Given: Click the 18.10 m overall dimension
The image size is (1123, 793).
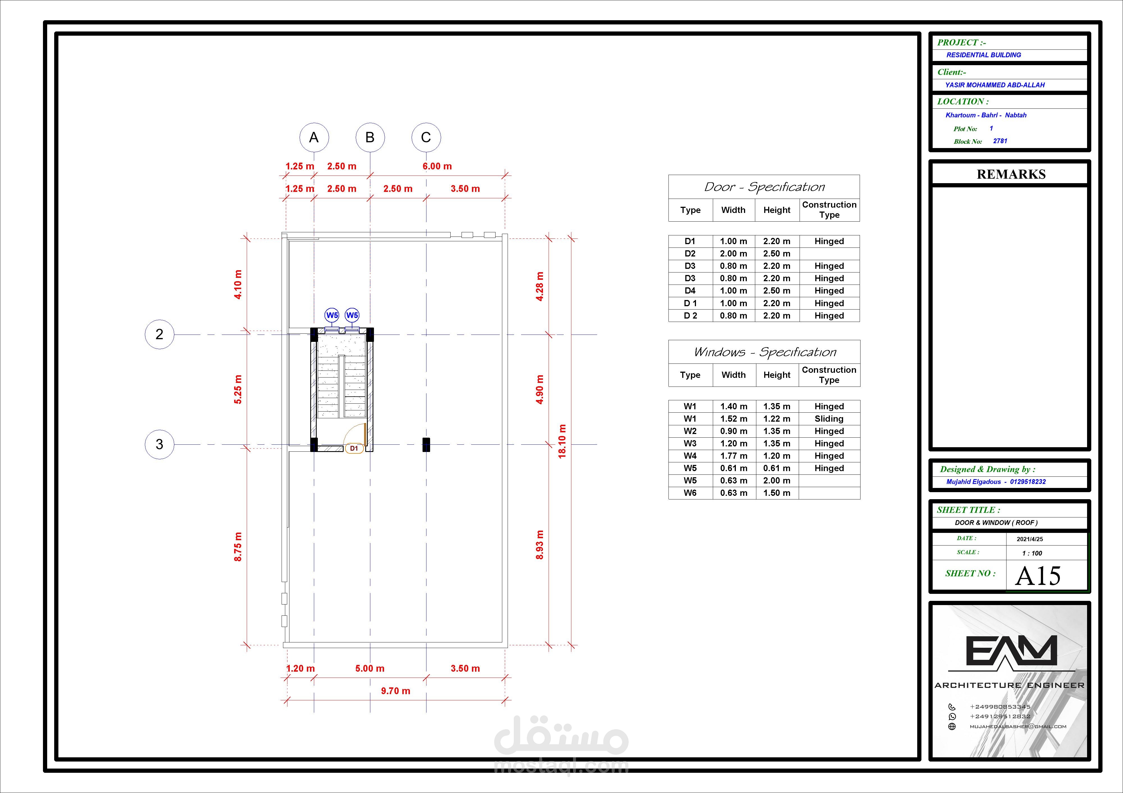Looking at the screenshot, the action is pyautogui.click(x=562, y=441).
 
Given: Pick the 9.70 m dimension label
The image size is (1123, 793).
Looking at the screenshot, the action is pyautogui.click(x=396, y=691).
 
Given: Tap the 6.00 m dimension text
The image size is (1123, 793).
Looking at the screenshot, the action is pyautogui.click(x=437, y=166).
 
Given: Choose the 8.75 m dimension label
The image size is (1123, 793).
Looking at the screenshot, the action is pyautogui.click(x=238, y=546).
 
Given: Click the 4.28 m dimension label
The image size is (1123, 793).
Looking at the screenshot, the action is pyautogui.click(x=540, y=286).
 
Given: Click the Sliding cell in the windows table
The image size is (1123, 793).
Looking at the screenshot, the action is pyautogui.click(x=829, y=419).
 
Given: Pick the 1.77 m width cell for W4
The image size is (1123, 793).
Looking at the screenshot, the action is pyautogui.click(x=734, y=456).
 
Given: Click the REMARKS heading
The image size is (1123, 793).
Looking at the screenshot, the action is pyautogui.click(x=1011, y=174).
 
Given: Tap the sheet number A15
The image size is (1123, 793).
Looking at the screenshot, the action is pyautogui.click(x=1038, y=576).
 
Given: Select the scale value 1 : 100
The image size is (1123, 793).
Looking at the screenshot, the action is pyautogui.click(x=1032, y=553).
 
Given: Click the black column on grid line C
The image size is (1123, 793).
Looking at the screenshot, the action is pyautogui.click(x=426, y=444).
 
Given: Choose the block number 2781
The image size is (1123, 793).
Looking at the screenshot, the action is pyautogui.click(x=1000, y=141).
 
